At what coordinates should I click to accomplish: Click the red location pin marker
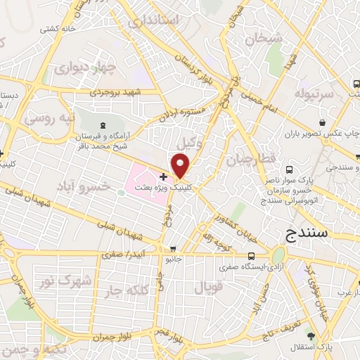(181, 166)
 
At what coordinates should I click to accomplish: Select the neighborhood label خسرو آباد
(103, 185)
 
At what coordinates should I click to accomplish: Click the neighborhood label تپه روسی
(50, 118)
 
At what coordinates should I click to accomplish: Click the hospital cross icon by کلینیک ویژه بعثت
(163, 176)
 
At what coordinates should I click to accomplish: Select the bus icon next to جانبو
(173, 249)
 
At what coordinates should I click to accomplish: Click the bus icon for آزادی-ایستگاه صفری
(252, 257)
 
